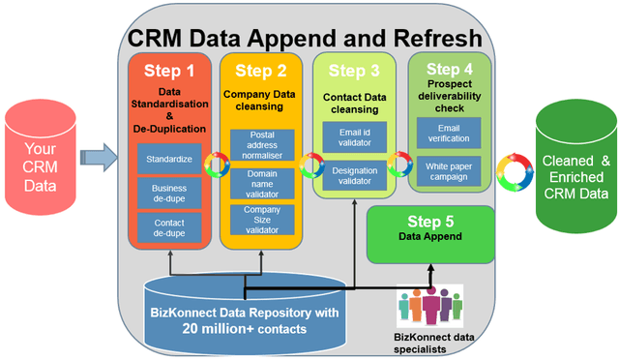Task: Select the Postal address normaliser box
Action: [x=260, y=147]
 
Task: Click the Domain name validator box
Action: [x=260, y=184]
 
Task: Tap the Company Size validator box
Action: [x=260, y=220]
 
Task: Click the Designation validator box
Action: [x=354, y=174]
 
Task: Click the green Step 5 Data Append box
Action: [x=430, y=231]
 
